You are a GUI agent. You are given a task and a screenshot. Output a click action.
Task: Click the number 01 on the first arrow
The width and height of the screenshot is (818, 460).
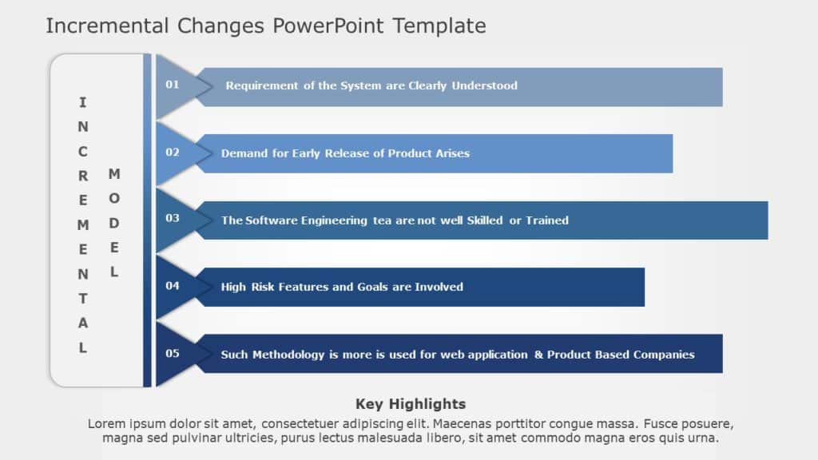[x=173, y=85]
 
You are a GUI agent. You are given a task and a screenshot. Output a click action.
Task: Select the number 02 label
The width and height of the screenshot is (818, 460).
[x=173, y=153]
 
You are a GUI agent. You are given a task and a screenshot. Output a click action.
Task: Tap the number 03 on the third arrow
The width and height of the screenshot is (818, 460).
[x=173, y=219]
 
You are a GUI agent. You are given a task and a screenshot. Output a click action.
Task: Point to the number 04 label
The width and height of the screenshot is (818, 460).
[x=173, y=286]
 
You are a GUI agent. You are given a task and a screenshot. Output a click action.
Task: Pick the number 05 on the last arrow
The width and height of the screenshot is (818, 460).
[x=173, y=354]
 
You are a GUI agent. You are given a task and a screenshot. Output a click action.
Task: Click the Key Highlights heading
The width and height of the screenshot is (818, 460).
[x=411, y=404]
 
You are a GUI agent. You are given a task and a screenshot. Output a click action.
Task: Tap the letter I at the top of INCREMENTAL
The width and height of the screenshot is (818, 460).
[x=83, y=102]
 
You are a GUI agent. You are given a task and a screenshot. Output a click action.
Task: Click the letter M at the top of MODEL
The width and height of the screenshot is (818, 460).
[x=113, y=174]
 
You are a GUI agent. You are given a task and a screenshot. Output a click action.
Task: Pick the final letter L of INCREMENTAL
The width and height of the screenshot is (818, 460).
[x=83, y=348]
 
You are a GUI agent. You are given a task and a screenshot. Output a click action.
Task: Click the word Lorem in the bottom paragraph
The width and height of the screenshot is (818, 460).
[x=105, y=424]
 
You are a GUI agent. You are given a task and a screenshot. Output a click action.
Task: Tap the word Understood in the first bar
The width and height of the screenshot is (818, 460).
[x=485, y=85]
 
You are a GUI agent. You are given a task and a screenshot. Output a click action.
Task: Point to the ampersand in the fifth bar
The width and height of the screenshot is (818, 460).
[x=538, y=355]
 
